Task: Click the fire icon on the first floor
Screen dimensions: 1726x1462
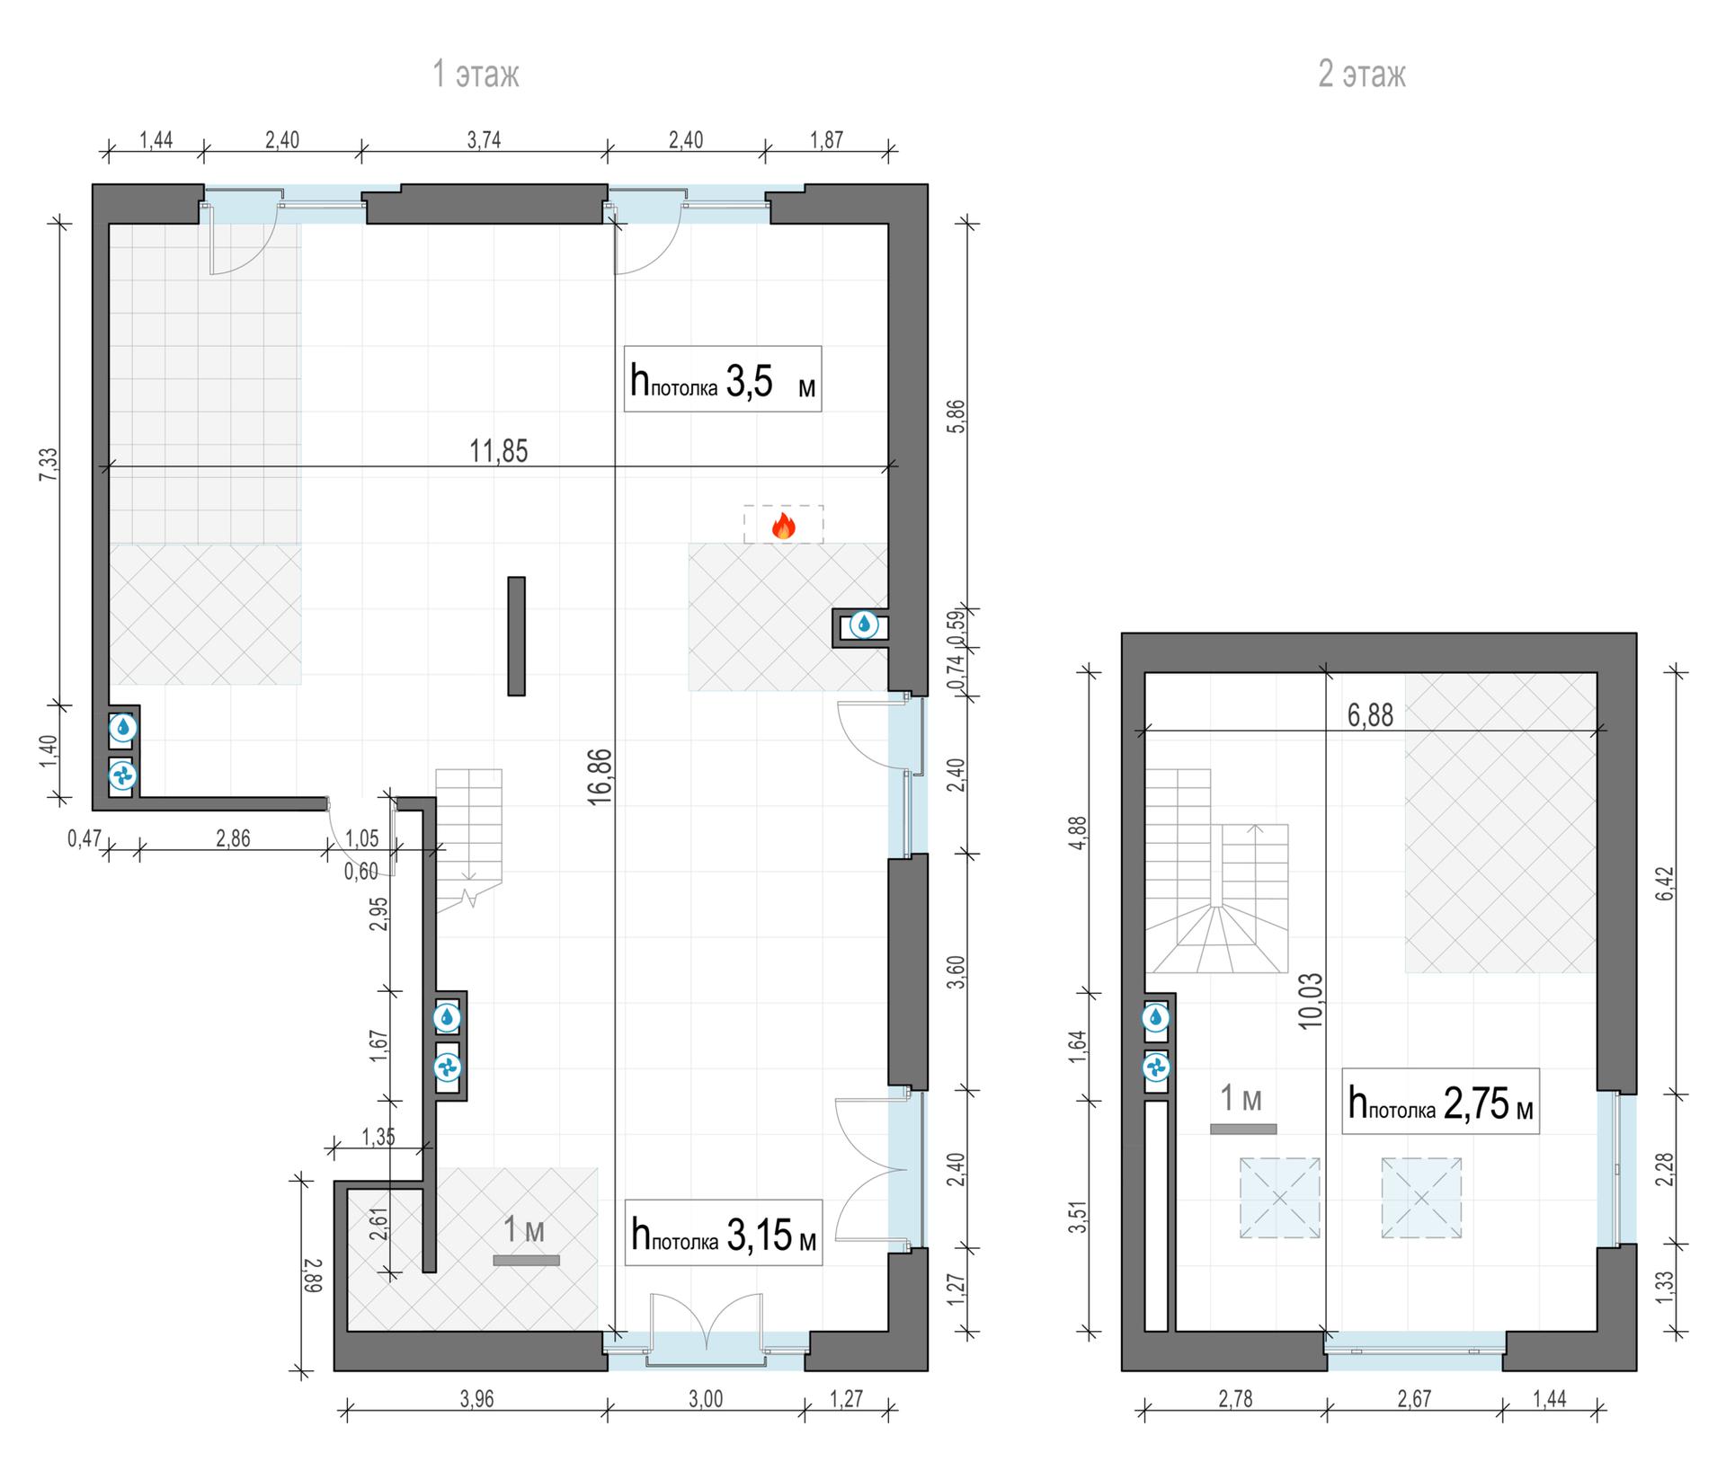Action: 783,527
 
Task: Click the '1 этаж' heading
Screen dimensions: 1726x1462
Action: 476,74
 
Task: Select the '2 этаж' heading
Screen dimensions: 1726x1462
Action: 1362,74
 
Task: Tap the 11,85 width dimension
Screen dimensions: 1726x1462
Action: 499,450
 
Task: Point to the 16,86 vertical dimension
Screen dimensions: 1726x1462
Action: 601,775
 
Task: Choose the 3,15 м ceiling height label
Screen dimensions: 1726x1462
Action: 723,1233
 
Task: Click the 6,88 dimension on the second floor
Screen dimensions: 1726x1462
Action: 1371,715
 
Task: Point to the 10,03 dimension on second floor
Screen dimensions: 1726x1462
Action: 1311,1000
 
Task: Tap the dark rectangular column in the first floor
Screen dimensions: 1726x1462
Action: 516,635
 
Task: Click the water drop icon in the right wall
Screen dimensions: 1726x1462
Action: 864,625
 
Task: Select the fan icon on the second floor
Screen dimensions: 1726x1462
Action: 1156,1068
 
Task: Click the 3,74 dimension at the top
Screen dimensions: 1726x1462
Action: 484,140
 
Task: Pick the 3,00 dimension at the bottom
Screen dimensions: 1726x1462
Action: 706,1399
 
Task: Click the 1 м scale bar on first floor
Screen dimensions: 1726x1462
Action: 526,1261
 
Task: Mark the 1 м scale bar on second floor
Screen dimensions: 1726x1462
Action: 1243,1130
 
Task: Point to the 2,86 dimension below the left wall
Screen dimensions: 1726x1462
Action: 233,839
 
